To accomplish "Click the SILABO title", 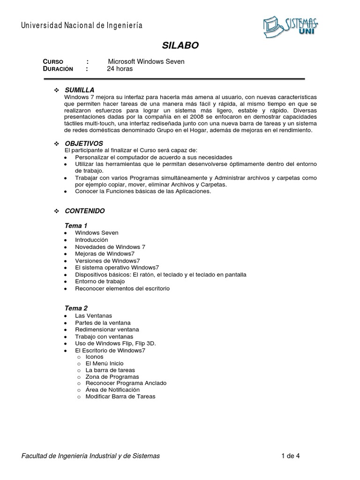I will click(180, 45).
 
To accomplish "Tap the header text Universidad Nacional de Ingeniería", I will click(82, 25).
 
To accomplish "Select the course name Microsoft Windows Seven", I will click(146, 61).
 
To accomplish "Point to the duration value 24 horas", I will click(120, 69).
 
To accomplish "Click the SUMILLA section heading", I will click(79, 90).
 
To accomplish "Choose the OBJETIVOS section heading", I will click(83, 143).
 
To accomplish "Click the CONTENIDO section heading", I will click(84, 211).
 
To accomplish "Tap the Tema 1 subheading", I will click(76, 225).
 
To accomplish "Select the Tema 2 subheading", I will click(76, 308).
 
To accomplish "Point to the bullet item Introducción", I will click(91, 240).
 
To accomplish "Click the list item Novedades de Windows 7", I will click(110, 247).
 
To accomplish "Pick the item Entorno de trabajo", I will click(100, 281).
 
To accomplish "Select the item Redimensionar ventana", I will click(104, 330).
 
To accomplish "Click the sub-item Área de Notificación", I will click(112, 390).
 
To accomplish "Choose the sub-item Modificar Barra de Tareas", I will click(120, 397).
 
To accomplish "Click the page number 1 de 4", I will click(291, 456).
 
